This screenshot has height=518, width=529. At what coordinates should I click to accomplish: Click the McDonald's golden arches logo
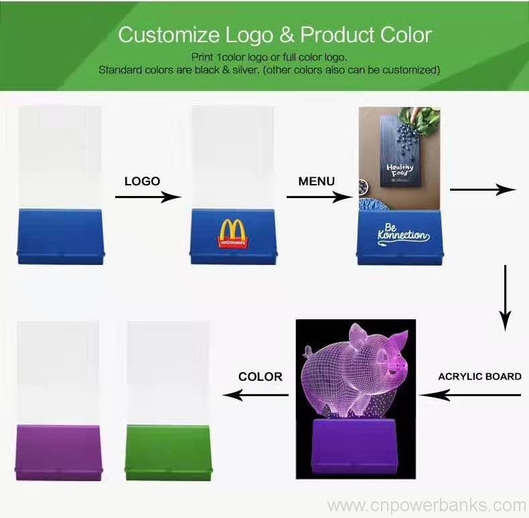233,234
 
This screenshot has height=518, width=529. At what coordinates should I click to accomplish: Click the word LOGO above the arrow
142,181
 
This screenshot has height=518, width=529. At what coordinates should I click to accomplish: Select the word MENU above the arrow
317,181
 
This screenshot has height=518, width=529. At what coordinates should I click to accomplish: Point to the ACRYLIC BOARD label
479,376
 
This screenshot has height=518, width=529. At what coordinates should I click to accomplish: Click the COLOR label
260,377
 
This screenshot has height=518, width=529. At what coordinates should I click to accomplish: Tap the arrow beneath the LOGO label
149,197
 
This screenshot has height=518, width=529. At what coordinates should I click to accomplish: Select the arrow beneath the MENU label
320,197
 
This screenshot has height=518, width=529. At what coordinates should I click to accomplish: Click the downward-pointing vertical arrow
505,298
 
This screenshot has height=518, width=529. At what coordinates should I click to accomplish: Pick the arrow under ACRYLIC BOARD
470,395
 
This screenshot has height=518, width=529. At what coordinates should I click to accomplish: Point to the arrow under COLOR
255,395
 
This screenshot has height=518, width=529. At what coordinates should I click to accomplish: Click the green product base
168,452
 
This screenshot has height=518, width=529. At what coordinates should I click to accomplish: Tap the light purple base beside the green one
58,452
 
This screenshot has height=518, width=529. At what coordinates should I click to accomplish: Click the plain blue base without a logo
60,236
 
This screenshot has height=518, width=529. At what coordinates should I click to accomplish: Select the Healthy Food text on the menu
400,170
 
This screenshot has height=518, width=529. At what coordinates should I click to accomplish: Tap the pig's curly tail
307,351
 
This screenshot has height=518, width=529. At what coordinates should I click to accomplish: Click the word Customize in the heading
169,35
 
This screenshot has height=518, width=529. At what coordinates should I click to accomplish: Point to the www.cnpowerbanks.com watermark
427,505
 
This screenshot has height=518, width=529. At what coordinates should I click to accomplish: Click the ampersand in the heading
287,35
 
